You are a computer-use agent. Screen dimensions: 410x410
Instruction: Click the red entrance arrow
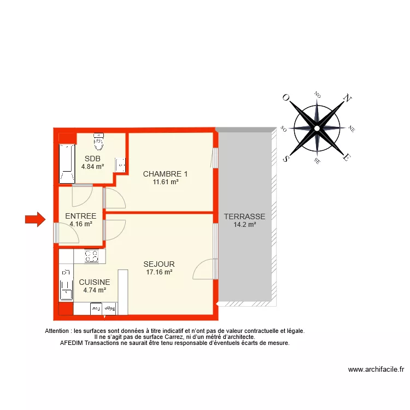(36, 219)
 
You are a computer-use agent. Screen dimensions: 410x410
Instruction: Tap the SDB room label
(92, 159)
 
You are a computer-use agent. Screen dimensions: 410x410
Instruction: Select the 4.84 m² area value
(92, 167)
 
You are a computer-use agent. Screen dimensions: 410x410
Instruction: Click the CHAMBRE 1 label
(166, 174)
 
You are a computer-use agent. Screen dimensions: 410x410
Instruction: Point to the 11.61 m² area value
(166, 182)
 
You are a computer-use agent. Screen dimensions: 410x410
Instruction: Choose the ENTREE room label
(80, 216)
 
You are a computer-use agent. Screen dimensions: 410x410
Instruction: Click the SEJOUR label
(159, 264)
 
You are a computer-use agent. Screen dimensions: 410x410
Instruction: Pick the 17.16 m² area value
(159, 272)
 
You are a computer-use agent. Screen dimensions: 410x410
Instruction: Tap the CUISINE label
(94, 282)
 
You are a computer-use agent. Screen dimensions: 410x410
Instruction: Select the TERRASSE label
(244, 216)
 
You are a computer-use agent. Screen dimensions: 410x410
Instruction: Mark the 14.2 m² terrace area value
(244, 224)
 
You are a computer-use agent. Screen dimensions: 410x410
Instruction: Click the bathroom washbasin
(120, 165)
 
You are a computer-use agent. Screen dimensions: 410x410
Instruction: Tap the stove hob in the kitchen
(91, 256)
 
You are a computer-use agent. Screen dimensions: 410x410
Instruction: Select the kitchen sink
(66, 284)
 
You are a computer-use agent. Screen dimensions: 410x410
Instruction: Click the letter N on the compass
(346, 98)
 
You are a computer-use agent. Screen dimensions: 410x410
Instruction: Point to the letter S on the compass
(285, 158)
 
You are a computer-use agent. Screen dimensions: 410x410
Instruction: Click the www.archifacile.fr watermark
(376, 370)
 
